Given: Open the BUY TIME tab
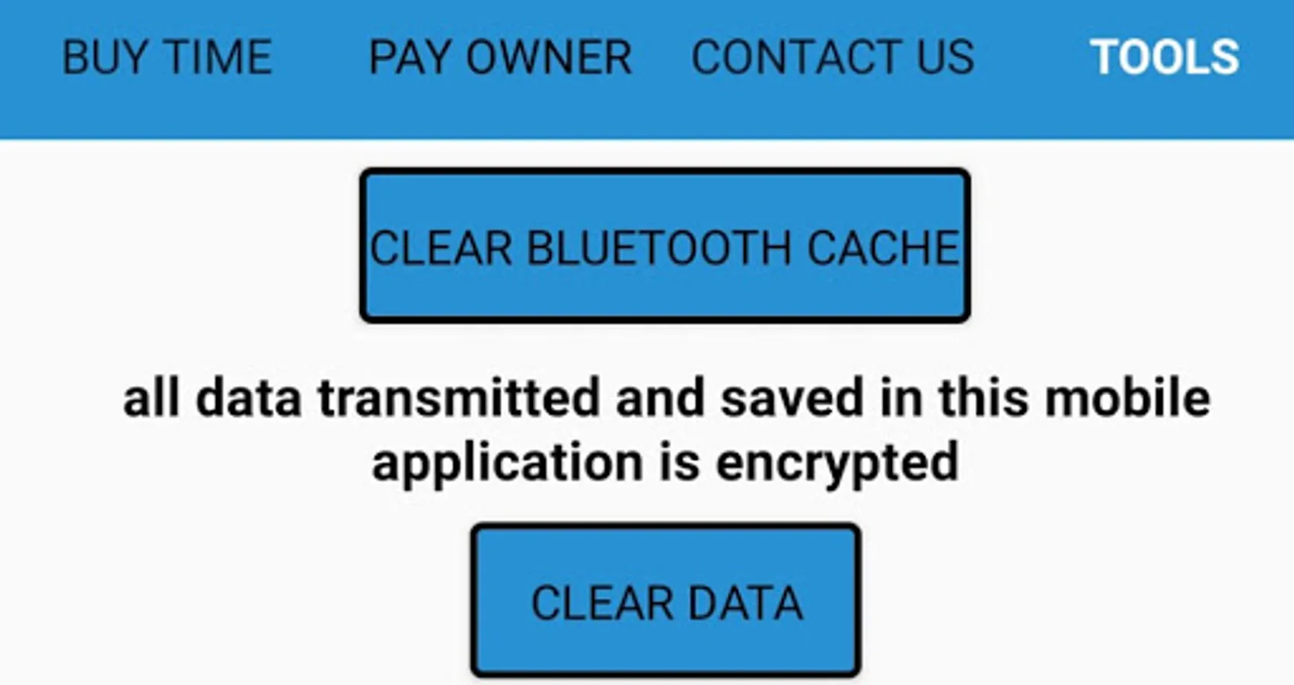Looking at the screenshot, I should [167, 58].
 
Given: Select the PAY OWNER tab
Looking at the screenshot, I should [500, 58].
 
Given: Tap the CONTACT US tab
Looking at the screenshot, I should [832, 58].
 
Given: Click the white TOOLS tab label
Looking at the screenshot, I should [1164, 58].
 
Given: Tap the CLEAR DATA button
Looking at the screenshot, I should [666, 602].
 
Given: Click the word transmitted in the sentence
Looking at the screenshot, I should [459, 399].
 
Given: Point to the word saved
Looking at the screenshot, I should [792, 399].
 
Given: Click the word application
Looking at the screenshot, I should [507, 464].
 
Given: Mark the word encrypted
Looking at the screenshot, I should [837, 464].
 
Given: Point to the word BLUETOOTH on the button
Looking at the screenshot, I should [659, 248].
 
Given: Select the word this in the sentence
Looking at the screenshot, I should [983, 399].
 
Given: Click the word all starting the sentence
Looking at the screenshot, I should [151, 399].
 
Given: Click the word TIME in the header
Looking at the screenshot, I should [218, 58].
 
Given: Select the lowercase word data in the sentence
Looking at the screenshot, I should [248, 399].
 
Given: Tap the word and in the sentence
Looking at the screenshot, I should [660, 399].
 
